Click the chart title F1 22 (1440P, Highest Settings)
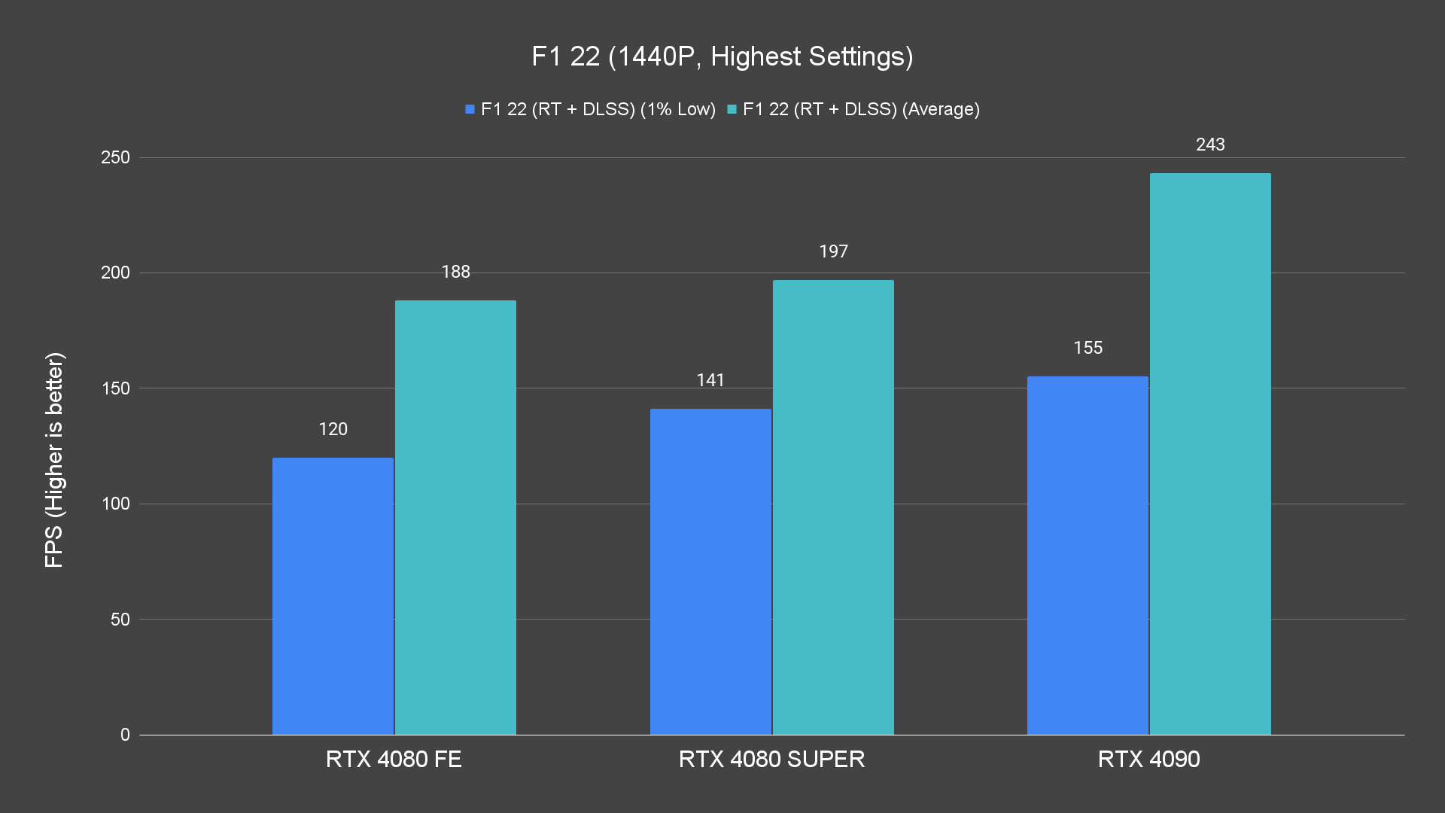coord(722,56)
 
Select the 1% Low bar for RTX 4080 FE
coord(333,596)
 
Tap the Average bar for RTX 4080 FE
coord(455,518)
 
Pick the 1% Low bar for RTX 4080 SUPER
coord(710,572)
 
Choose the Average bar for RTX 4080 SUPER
coord(833,507)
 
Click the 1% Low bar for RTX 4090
coord(1088,556)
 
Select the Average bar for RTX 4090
coord(1210,454)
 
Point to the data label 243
coord(1210,145)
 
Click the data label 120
coord(333,429)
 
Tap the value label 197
coord(833,251)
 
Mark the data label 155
coord(1088,348)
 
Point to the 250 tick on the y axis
coord(115,157)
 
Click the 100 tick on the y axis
coord(115,504)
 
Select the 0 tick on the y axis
coord(125,735)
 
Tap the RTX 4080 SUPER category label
coord(771,759)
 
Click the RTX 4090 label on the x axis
coord(1148,759)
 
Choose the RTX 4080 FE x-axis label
coord(394,759)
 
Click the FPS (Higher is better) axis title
coord(54,460)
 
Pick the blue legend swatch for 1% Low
coord(470,109)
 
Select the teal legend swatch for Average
coord(732,109)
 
